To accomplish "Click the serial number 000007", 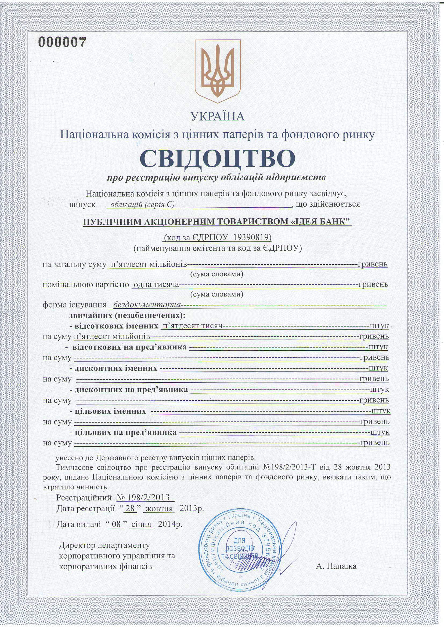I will pos(62,42).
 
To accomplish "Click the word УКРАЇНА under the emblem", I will pos(218,117).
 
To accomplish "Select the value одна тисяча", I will pos(155,285).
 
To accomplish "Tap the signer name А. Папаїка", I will pos(336,566).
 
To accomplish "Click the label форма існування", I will pos(74,305).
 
